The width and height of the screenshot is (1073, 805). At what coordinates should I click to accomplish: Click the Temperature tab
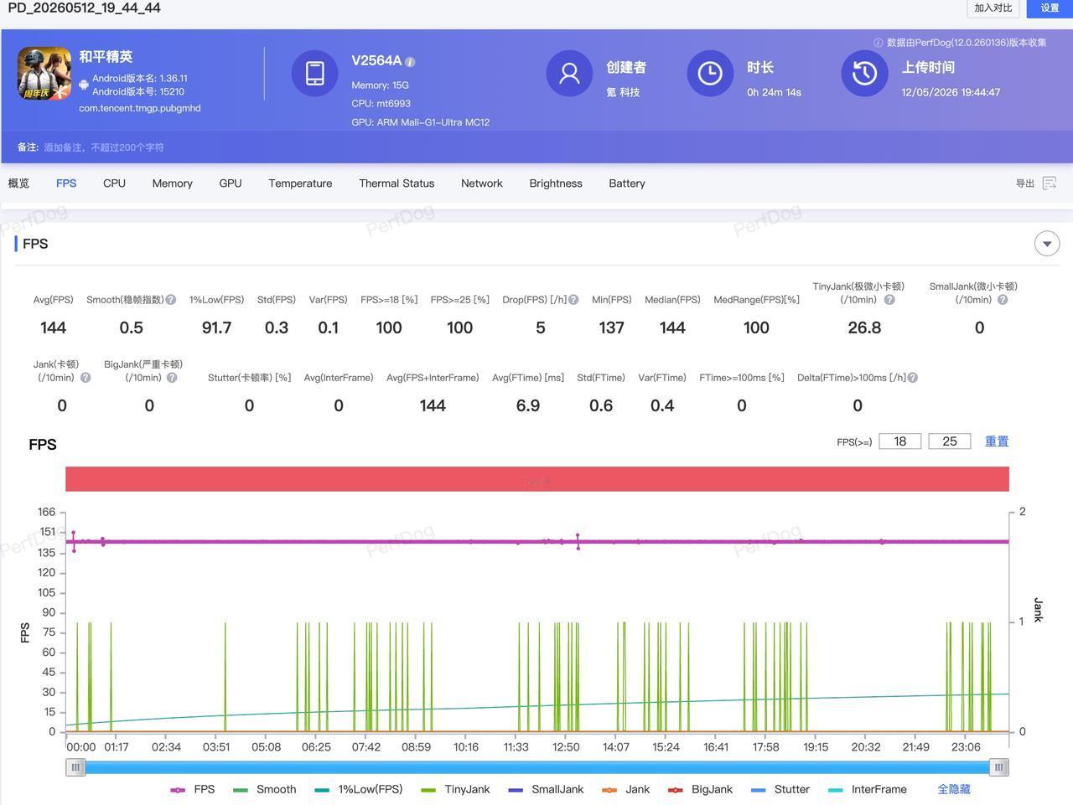coord(300,183)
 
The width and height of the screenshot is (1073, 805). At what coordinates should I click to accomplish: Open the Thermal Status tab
coord(397,183)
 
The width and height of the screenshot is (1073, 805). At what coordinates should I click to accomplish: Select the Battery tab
coord(627,183)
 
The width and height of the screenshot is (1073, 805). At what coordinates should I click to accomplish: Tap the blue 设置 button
coord(1050,8)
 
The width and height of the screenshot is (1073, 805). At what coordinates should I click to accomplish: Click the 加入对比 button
coord(993,8)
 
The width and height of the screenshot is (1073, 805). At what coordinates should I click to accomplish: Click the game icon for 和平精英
coord(44,73)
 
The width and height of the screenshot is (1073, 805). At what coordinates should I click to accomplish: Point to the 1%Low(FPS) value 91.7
coord(216,328)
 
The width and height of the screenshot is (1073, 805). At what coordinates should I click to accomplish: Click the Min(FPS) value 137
coord(612,328)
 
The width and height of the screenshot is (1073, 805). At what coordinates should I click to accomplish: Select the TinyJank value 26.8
coord(864,328)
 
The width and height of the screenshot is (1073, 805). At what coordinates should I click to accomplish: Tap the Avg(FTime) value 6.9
coord(528,405)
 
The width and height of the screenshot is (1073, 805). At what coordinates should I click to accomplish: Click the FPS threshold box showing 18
coord(900,441)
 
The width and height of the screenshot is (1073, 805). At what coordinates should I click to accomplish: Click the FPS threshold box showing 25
coord(949,441)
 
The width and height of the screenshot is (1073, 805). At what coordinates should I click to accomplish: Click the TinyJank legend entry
coord(455,789)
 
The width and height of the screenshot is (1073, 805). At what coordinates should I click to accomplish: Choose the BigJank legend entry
coord(700,789)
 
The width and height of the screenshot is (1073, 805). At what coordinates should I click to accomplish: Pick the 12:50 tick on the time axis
coord(566,747)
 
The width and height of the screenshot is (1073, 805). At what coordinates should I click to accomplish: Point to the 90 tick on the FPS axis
coord(49,612)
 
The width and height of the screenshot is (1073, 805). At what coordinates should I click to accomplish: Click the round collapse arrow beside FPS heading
coord(1047,244)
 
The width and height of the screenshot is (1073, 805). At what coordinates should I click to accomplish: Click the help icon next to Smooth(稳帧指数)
coord(171,300)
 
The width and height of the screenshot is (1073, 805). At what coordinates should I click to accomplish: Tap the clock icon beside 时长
coord(710,73)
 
